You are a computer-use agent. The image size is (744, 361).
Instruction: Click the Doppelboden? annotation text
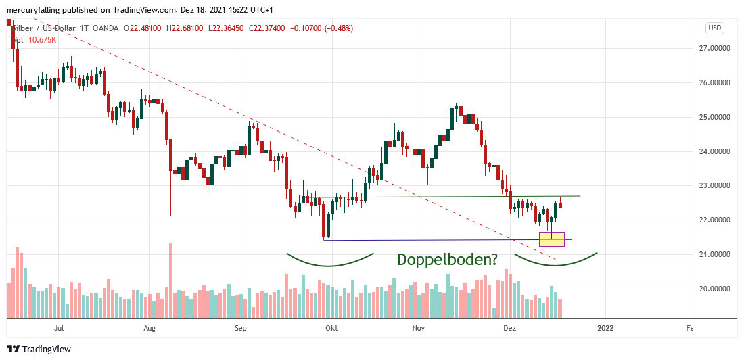447,259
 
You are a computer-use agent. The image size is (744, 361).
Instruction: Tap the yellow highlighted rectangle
551,239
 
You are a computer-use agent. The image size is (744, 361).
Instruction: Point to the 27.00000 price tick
718,48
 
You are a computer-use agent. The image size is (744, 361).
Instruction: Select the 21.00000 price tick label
718,254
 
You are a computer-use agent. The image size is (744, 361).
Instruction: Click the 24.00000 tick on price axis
718,151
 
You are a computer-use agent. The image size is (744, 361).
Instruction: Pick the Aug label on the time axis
150,329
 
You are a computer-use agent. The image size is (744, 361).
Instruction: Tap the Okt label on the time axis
331,329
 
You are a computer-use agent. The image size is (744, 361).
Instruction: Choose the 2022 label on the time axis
605,329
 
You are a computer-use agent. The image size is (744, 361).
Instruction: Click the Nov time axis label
419,329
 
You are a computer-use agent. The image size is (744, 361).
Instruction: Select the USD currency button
715,28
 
